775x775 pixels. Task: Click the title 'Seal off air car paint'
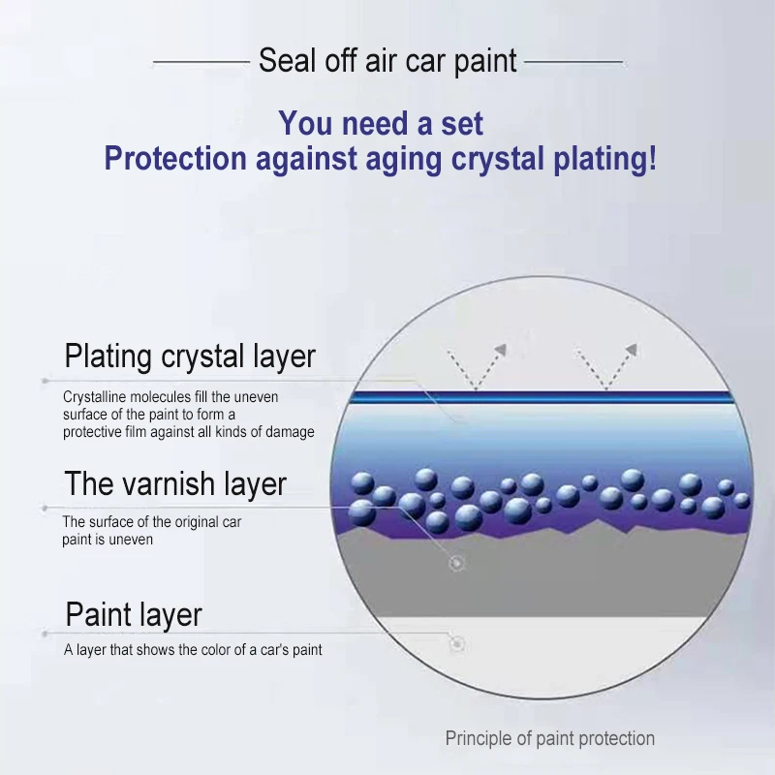click(x=387, y=61)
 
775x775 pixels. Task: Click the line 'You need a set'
click(x=381, y=123)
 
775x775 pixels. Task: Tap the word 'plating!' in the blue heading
click(x=605, y=159)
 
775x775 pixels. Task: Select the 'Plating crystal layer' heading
click(x=190, y=356)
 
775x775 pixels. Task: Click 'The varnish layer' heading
click(x=175, y=483)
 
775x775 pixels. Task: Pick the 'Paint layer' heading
click(x=134, y=615)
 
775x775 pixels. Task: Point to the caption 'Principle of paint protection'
click(x=549, y=738)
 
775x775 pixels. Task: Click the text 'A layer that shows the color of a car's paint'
click(x=193, y=649)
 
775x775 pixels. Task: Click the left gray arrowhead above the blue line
click(x=500, y=350)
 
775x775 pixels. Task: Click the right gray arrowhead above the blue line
click(x=631, y=350)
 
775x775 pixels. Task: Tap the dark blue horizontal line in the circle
click(x=542, y=397)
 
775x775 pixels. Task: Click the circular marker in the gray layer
click(x=456, y=563)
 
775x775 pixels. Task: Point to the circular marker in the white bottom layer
click(x=457, y=644)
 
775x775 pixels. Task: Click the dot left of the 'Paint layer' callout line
click(x=45, y=634)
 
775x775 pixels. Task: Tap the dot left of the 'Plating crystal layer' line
click(x=45, y=381)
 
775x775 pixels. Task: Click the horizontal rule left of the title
click(x=201, y=62)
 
